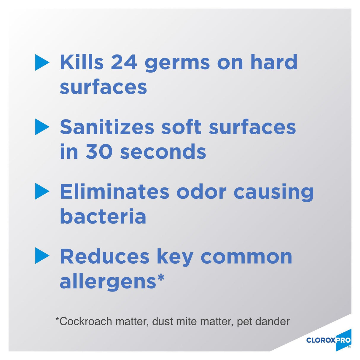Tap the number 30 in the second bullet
point(99,152)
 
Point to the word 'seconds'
point(163,152)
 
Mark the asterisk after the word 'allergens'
point(161,278)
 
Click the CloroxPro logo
point(329,340)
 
